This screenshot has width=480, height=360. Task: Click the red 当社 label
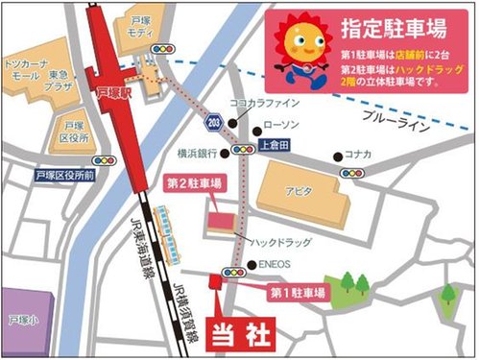coord(242,334)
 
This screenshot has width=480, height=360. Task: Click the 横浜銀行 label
coord(198,151)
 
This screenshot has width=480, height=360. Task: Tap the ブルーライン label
coord(389,114)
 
